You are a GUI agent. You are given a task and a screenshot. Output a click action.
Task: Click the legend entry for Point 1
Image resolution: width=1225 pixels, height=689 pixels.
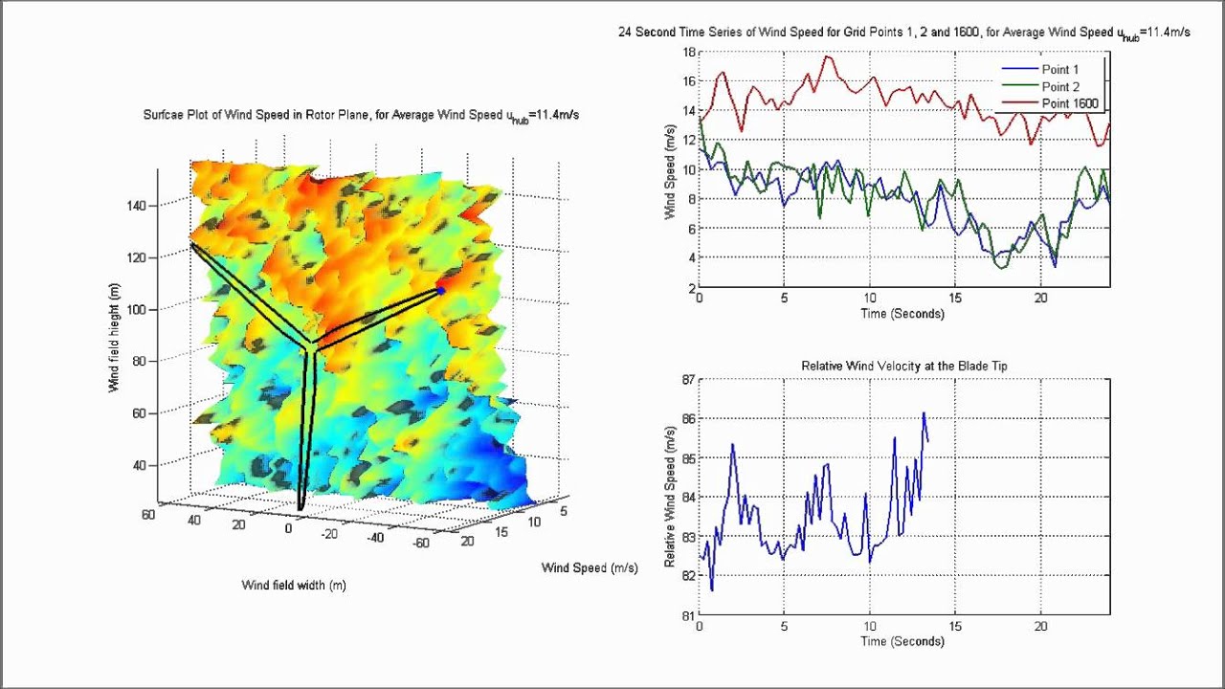point(1059,70)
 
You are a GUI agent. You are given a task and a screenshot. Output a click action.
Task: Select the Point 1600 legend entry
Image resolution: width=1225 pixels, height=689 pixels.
point(1069,103)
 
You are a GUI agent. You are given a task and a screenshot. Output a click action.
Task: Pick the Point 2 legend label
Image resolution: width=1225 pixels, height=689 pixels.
point(1059,87)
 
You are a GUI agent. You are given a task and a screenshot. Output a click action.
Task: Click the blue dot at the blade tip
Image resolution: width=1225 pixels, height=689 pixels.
point(441,290)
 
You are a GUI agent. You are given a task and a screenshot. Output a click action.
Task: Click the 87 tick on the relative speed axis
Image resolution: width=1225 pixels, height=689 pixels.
point(687,379)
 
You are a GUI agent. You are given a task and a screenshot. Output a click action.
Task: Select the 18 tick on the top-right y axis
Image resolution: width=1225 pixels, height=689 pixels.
point(687,52)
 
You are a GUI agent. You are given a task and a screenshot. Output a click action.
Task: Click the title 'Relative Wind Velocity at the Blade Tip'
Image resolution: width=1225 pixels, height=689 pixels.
point(903,366)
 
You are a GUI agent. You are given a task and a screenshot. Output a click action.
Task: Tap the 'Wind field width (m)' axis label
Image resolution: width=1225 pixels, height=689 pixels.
point(294,585)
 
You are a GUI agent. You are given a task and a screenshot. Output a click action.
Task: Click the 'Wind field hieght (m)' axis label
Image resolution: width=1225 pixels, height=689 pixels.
point(114,344)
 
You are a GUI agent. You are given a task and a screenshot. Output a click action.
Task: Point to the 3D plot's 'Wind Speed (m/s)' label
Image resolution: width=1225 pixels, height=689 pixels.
point(590,567)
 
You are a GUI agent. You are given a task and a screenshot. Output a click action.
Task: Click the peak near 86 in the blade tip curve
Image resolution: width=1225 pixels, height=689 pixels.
point(924,413)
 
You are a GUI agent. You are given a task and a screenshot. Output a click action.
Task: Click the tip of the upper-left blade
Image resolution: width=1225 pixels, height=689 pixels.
point(192,245)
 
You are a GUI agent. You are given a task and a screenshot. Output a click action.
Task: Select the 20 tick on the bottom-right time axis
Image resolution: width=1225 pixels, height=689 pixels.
point(1041,627)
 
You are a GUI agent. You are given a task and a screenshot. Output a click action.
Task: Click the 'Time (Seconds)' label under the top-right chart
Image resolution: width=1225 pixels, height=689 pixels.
point(902,314)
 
